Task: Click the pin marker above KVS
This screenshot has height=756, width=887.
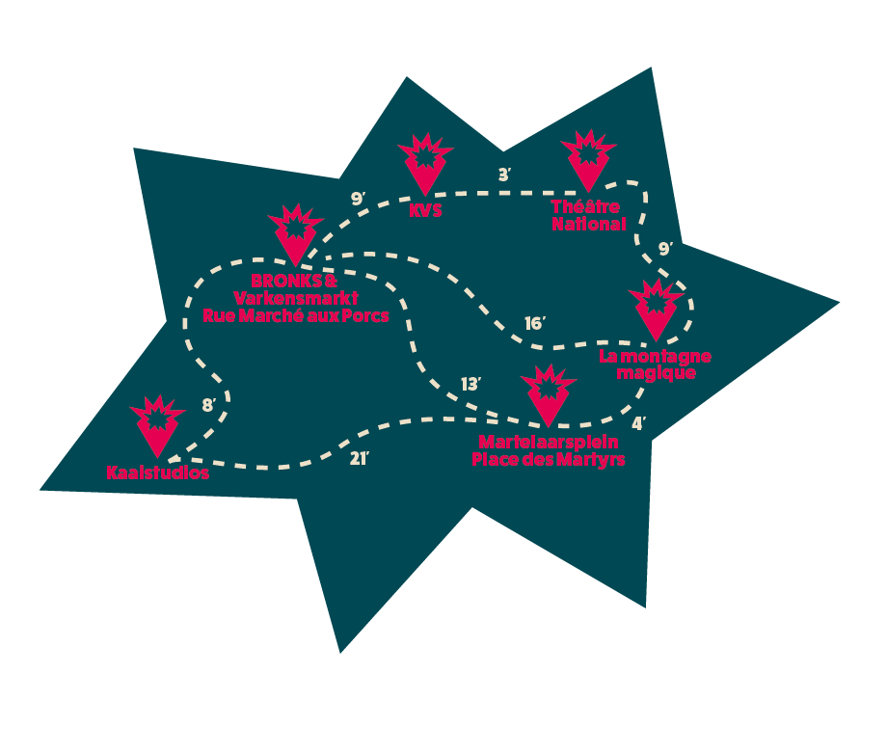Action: click(x=425, y=165)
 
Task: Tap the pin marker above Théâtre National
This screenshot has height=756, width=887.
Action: click(x=588, y=161)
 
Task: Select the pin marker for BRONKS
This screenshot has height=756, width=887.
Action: click(x=295, y=235)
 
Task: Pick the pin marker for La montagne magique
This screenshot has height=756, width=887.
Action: click(x=657, y=310)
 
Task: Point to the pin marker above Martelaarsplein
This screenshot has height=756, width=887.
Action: click(x=549, y=395)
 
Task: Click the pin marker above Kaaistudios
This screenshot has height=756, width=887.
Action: click(x=157, y=426)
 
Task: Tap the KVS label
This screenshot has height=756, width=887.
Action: click(x=425, y=210)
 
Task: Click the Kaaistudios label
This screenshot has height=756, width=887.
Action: click(x=158, y=472)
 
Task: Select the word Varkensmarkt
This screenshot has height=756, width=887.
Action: click(x=296, y=298)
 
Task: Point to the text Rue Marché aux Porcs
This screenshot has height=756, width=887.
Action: click(x=296, y=315)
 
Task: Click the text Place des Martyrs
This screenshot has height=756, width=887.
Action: click(x=549, y=460)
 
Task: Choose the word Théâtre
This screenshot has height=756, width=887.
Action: click(x=585, y=206)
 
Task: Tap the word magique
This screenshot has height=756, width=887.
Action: click(x=657, y=373)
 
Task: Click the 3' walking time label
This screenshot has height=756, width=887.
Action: click(x=504, y=175)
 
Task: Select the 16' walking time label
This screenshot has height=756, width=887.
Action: click(x=534, y=323)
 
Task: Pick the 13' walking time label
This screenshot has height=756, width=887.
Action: click(x=470, y=384)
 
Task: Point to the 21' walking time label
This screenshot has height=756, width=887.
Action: click(x=359, y=458)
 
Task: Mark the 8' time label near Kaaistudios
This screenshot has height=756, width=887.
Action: click(x=209, y=405)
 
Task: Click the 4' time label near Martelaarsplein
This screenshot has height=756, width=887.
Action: click(x=638, y=423)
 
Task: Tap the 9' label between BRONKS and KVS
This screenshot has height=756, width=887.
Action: click(x=358, y=199)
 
